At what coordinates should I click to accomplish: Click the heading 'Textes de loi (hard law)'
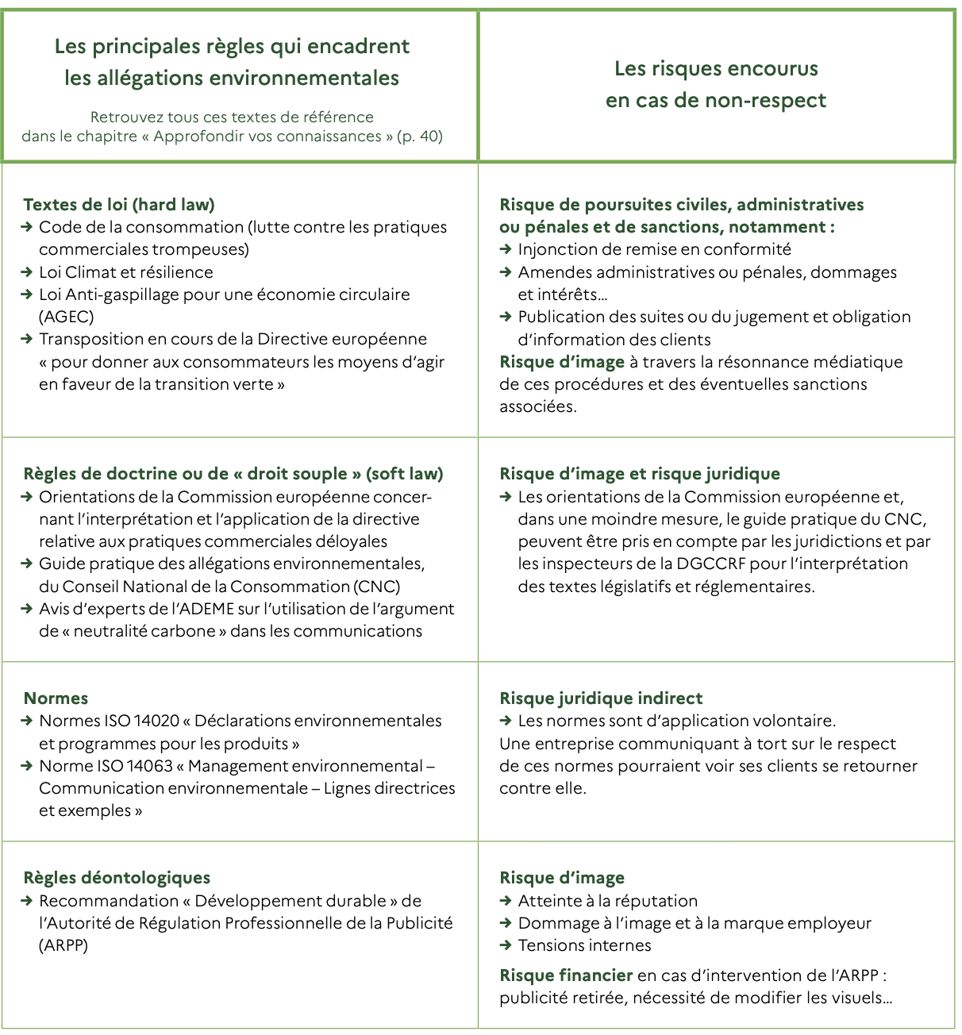(119, 205)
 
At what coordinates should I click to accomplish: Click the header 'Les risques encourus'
(716, 69)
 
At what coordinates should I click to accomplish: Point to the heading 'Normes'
(56, 698)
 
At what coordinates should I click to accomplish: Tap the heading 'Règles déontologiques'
(117, 878)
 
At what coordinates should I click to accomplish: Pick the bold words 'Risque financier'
(566, 975)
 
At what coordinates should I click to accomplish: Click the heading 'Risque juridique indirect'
(601, 698)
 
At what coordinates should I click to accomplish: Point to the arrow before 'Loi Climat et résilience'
(28, 272)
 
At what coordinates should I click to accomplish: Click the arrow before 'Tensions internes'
(506, 945)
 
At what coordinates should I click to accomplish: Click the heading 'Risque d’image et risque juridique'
(640, 474)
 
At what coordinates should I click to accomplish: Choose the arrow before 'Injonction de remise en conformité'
(506, 249)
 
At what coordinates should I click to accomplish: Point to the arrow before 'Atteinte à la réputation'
(506, 901)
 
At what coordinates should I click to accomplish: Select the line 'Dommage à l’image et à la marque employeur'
(695, 923)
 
